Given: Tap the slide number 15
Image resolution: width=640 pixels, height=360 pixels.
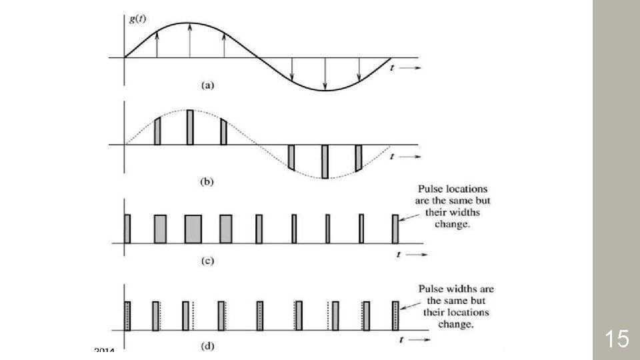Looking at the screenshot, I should point(617,339).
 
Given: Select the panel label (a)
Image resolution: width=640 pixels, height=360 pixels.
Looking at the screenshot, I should point(207,85).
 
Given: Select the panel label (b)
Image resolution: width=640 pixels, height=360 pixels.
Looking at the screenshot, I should point(207,180).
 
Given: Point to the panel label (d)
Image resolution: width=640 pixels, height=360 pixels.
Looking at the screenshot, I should point(207,345).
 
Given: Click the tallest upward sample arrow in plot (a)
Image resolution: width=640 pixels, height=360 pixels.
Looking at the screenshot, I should point(190,40).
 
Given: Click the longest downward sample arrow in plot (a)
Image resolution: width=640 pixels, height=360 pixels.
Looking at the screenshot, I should point(325,73).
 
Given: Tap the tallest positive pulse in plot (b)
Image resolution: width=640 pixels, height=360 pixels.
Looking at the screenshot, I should point(190,127).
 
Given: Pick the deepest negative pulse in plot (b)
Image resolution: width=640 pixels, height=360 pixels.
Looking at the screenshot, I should point(325,161).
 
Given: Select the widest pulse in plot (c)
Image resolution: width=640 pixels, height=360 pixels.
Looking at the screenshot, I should point(193,229).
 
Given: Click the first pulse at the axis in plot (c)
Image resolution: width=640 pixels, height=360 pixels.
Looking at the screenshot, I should point(127,229).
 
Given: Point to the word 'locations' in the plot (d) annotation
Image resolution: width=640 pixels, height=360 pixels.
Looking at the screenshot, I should point(467,312).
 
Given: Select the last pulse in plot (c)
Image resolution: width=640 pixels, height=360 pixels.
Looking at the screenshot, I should point(395,229).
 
